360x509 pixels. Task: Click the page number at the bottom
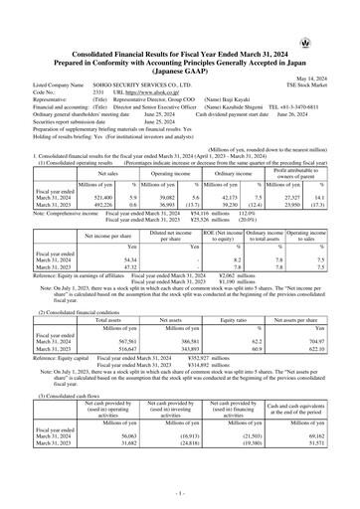click(x=180, y=494)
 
